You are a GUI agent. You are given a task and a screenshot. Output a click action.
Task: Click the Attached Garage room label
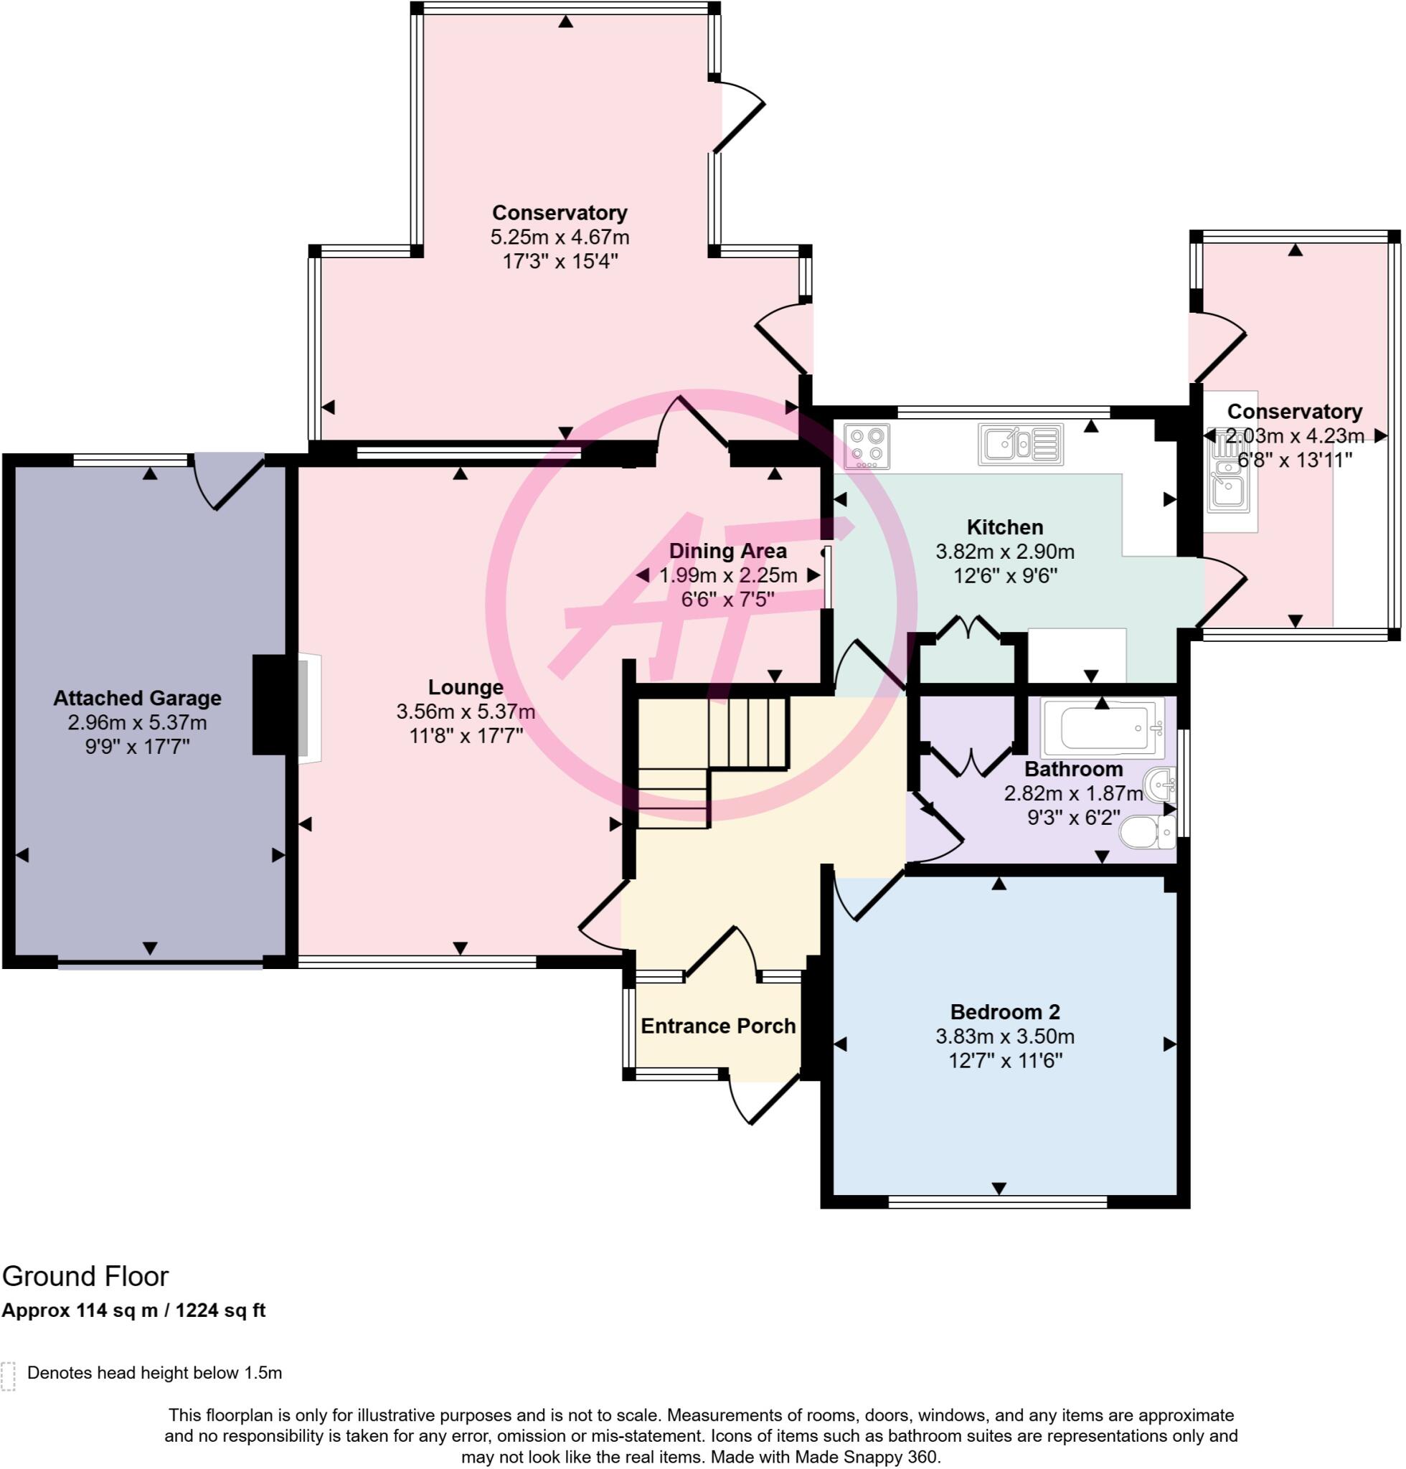pos(137,698)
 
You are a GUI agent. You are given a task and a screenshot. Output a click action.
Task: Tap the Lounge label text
pos(466,686)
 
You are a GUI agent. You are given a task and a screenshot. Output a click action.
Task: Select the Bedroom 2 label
pos(1005,1012)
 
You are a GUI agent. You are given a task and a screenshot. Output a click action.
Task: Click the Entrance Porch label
pos(718,1026)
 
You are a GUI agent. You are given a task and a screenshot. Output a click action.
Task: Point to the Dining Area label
pos(727,551)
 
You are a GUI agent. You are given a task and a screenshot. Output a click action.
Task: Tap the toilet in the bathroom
pos(1148,833)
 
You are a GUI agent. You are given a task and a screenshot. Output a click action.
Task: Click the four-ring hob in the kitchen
pos(867,446)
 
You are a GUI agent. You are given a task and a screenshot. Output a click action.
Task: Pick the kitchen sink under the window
pos(1021,445)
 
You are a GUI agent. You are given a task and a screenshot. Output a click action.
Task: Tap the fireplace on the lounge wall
pos(309,709)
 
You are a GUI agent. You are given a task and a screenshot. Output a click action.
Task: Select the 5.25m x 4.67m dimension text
pos(560,237)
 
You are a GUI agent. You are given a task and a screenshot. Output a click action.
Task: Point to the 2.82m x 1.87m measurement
pos(1074,793)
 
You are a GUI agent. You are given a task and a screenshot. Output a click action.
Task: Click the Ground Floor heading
pos(85,1275)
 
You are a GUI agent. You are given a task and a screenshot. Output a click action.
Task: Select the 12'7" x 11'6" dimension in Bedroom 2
pos(1006,1061)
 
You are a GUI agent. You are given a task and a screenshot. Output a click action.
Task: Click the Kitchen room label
pos(1005,527)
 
